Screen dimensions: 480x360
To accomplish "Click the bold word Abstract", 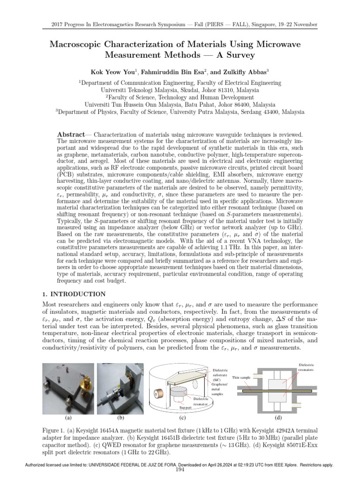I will tap(70, 134).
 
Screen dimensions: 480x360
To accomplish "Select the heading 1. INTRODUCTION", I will tap(71, 294).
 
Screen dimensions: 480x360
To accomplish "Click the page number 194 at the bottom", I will tap(180, 470).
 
